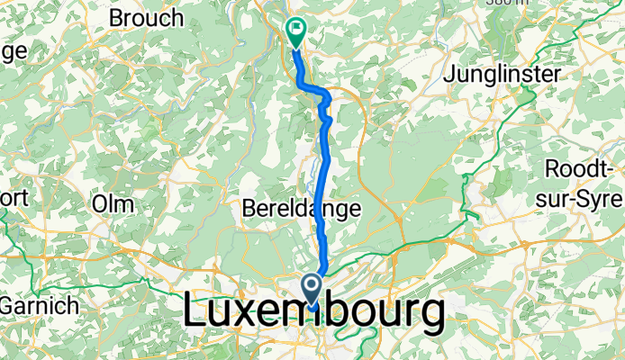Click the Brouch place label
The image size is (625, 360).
tap(145, 17)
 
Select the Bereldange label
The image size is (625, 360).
tap(303, 209)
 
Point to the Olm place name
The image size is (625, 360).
tap(113, 202)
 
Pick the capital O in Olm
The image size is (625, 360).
tap(99, 202)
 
